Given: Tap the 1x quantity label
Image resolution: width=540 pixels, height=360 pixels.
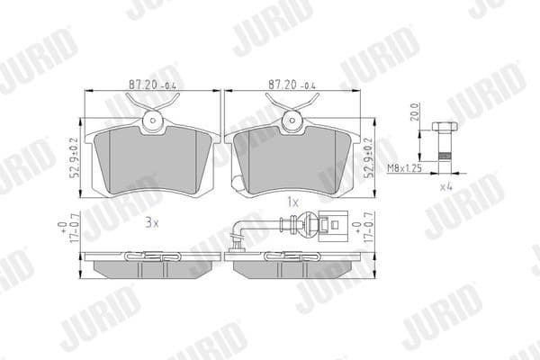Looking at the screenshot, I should (291, 202).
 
